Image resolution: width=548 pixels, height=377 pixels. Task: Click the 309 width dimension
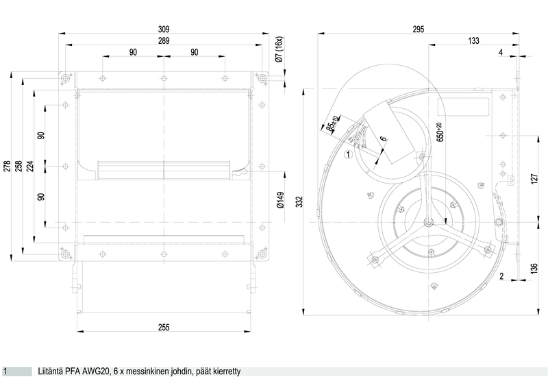164,29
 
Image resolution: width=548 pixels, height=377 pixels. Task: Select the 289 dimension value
164,41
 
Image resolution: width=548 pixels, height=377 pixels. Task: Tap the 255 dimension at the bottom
164,328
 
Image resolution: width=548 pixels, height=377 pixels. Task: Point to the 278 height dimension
7,166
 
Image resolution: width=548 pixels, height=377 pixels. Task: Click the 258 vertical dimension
18,166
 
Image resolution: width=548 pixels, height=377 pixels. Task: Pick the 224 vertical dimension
30,166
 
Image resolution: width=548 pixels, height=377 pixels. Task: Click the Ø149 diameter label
280,199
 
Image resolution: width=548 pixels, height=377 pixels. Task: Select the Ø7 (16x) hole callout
279,49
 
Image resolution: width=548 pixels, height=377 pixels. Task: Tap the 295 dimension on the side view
418,29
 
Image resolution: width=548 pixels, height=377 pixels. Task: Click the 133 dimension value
473,41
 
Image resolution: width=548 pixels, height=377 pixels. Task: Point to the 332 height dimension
299,202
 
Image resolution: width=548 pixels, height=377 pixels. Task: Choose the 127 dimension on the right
534,179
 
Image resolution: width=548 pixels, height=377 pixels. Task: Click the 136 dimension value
534,269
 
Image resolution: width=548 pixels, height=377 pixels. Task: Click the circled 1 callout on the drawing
349,154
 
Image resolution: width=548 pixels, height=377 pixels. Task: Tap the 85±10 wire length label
332,123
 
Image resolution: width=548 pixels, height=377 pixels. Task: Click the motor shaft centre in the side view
429,222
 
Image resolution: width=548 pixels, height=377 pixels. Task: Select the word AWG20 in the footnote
96,371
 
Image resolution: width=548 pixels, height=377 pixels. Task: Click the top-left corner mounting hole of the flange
65,78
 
